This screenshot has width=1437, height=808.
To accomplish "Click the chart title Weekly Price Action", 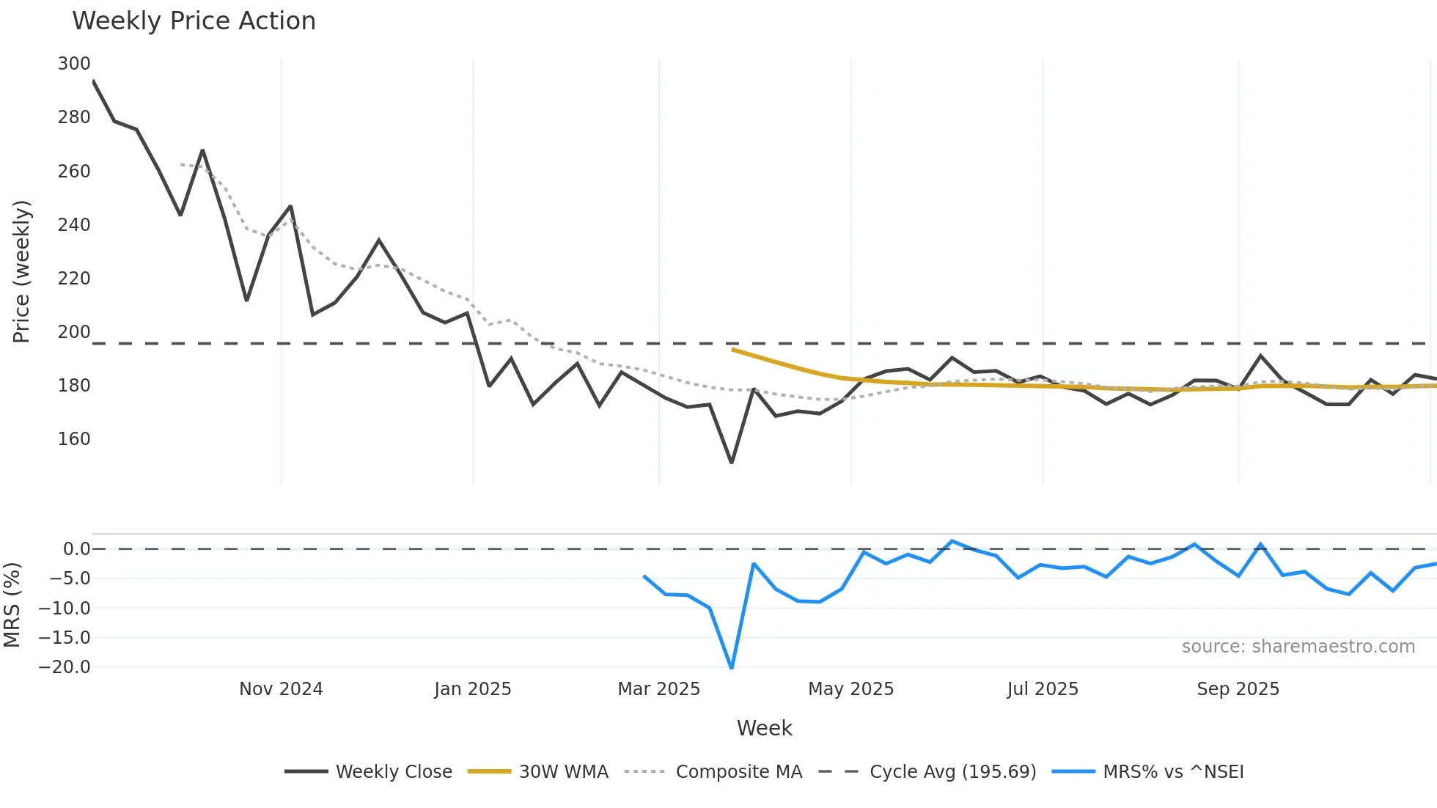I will tap(194, 21).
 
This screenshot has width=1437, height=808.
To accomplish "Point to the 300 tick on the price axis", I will tap(74, 64).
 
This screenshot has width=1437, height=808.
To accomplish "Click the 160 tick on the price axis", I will tap(74, 439).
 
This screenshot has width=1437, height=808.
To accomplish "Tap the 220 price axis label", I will tap(74, 279).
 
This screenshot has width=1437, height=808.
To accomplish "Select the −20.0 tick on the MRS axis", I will tap(65, 667).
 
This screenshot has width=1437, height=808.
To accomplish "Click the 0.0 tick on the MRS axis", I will tap(76, 549).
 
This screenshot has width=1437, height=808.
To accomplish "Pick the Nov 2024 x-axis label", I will tap(281, 689).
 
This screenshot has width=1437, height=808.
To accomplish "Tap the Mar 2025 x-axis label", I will tap(658, 689).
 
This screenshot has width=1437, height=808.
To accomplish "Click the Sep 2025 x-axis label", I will tap(1238, 689).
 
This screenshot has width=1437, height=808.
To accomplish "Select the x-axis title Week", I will tap(764, 728).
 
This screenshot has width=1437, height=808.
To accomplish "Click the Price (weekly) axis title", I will tap(21, 271).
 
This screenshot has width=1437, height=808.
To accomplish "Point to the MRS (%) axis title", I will tap(12, 605).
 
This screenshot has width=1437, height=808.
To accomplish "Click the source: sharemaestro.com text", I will tap(1298, 647).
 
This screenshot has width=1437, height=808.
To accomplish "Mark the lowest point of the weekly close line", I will tap(732, 462).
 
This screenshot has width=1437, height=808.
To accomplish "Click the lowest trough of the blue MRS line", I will tap(732, 667).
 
